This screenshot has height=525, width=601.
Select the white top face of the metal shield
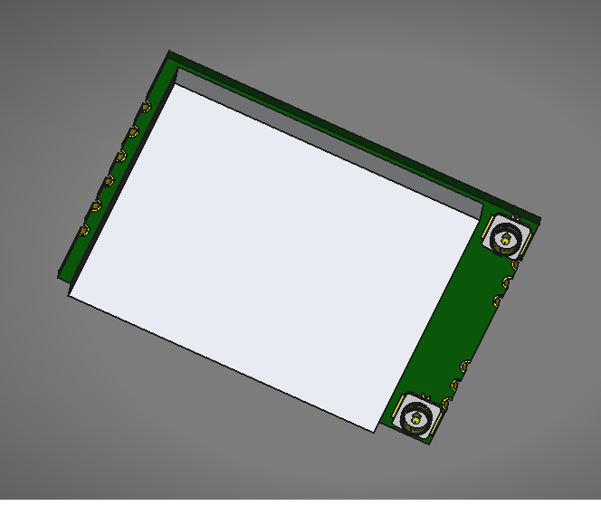272,253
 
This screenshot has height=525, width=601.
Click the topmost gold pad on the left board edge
145,108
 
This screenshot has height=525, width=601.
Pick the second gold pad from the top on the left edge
133,132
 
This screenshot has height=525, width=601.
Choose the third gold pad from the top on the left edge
120,157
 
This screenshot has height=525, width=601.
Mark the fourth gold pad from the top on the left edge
109,181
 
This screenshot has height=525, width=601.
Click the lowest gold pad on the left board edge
84,231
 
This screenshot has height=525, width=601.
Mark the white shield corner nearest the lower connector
375,431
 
